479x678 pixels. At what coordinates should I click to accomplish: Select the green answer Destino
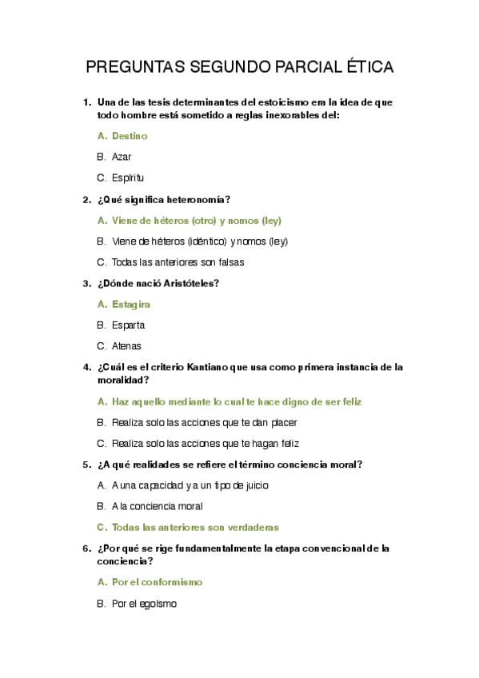(x=130, y=136)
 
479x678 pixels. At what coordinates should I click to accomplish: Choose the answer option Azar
(x=122, y=157)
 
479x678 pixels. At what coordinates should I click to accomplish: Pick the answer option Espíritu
(x=128, y=177)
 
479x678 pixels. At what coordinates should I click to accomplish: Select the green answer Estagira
(x=131, y=304)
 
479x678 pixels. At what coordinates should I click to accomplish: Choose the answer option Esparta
(x=128, y=325)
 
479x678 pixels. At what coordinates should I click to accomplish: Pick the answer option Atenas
(x=126, y=346)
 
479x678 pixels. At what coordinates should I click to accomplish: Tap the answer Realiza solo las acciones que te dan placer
(x=205, y=422)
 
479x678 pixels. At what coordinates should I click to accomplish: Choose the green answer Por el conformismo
(x=157, y=582)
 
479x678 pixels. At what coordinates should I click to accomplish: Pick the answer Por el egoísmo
(x=144, y=604)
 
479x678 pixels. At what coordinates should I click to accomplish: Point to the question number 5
(x=86, y=464)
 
